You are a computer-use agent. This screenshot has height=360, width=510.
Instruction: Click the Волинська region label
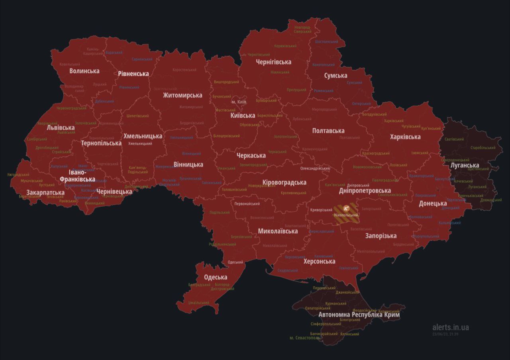tap(84, 71)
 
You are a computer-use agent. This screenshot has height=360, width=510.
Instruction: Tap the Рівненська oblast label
tap(133, 74)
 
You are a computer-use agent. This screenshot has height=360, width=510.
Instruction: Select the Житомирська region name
tap(182, 95)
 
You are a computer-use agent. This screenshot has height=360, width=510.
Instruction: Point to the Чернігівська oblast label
tap(273, 62)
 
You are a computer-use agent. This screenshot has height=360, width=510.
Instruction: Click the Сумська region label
tap(335, 75)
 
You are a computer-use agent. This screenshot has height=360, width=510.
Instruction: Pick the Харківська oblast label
tap(405, 137)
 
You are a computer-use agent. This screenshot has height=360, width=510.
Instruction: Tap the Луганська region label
tap(465, 165)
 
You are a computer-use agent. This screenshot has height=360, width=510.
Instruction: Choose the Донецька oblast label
tap(432, 203)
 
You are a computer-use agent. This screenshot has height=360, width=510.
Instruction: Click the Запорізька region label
tap(381, 235)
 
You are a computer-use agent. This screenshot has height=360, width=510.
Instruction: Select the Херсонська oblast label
tap(319, 261)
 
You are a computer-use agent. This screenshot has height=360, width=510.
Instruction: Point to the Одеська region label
tap(216, 277)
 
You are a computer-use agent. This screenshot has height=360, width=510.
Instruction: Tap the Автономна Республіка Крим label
tap(359, 315)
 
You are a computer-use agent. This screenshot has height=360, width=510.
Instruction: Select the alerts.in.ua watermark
tap(450, 327)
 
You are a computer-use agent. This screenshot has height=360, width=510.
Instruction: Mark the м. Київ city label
tap(239, 102)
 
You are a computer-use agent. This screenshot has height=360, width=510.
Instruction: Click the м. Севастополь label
tap(304, 338)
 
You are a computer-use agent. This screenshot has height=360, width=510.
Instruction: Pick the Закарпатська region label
tap(45, 193)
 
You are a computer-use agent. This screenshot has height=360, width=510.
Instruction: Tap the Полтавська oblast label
tap(328, 131)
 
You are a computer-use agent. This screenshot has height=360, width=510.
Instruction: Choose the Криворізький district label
tap(321, 210)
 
